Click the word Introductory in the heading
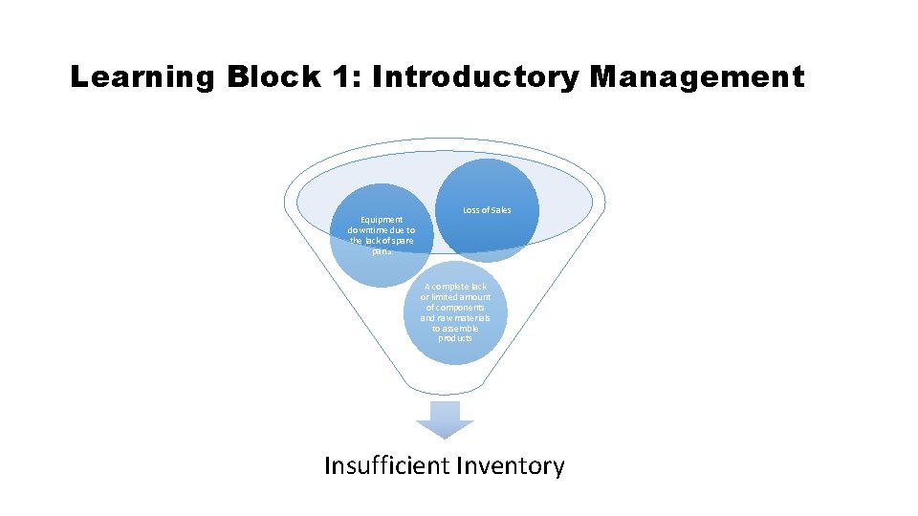point(475,77)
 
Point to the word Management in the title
point(697,77)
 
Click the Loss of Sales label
point(487,210)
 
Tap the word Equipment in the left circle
point(382,220)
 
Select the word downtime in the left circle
point(369,230)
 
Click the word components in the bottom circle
point(455,308)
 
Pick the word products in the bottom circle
point(455,339)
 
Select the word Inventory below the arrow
point(511,466)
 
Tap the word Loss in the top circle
point(471,210)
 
